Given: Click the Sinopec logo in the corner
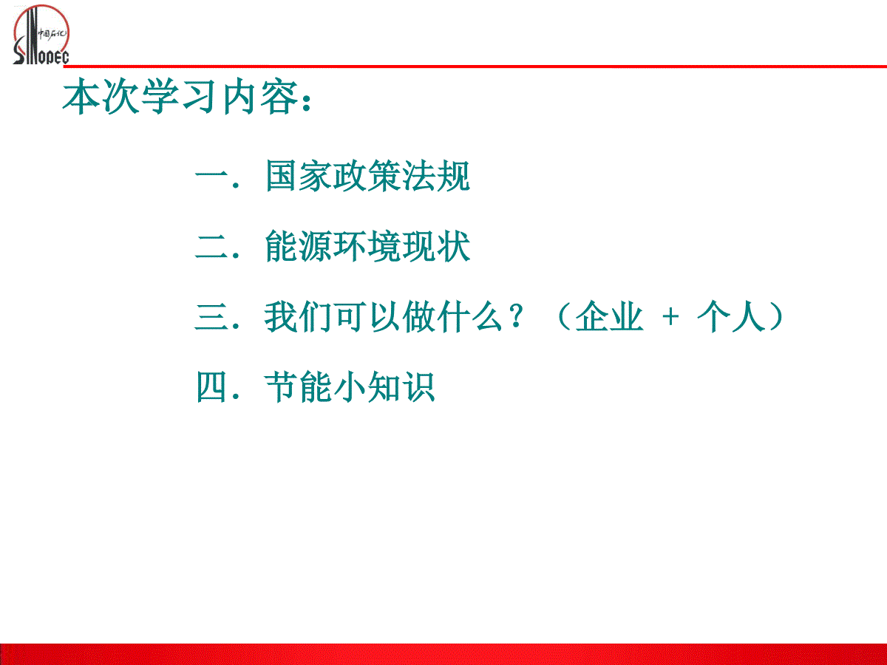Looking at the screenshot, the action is click(41, 35).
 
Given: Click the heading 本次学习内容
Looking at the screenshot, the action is click(180, 96).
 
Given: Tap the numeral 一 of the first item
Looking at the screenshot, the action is click(211, 176).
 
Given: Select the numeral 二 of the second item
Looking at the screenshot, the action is click(211, 246).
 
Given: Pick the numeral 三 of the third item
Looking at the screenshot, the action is click(211, 317).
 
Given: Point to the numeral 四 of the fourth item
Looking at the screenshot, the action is click(211, 386).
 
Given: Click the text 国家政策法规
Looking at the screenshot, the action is click(367, 176).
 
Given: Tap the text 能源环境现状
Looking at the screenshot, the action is click(367, 246).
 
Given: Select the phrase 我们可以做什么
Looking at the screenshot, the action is click(383, 316).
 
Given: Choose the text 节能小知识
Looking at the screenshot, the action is click(350, 386).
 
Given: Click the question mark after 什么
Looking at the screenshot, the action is click(517, 316).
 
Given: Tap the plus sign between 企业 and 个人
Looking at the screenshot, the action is click(670, 316).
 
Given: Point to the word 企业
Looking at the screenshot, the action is click(609, 316).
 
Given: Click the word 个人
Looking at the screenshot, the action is click(731, 316).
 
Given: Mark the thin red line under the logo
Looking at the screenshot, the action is click(475, 66).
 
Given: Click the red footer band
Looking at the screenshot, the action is click(443, 654).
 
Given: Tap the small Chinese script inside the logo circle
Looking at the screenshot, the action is click(52, 34).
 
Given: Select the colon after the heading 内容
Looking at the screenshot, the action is click(306, 102).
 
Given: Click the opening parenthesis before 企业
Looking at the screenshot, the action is click(564, 317).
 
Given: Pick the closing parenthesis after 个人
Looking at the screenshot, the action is click(776, 317).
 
